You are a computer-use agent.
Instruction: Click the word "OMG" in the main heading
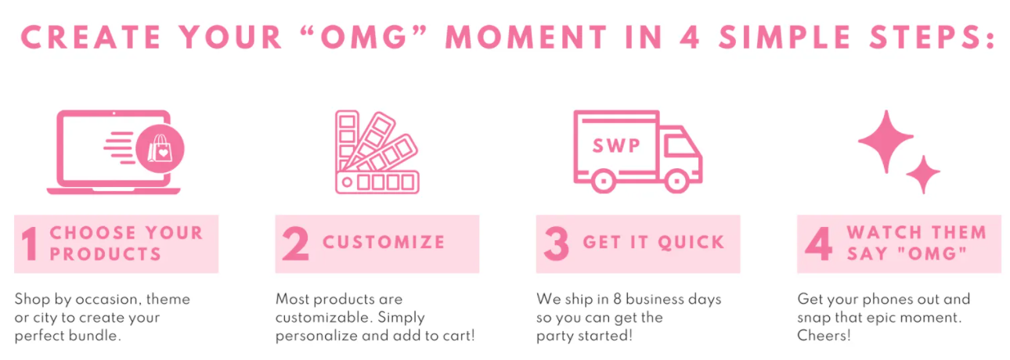[x=364, y=37]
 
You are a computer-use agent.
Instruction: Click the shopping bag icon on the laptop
[x=160, y=148]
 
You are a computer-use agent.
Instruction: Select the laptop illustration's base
[x=114, y=191]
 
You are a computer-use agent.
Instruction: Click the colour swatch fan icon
[x=377, y=152]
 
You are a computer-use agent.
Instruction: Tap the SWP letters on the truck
[x=616, y=146]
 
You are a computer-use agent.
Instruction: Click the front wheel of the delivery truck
[x=676, y=181]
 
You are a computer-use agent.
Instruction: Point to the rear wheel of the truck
[x=604, y=181]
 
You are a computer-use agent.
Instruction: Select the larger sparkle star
[x=886, y=142]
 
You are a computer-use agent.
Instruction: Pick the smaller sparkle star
[x=923, y=175]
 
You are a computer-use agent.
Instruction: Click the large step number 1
[x=31, y=243]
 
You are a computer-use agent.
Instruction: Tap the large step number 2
[x=296, y=243]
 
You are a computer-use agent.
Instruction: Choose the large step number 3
[x=557, y=243]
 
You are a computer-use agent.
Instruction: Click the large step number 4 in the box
[x=818, y=243]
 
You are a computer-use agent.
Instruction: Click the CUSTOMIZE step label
[x=384, y=243]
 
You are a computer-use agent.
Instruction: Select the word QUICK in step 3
[x=691, y=243]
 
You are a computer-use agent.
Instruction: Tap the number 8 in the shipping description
[x=617, y=299]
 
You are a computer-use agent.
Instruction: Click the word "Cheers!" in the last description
[x=824, y=336]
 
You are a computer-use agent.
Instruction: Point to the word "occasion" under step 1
[x=106, y=299]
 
